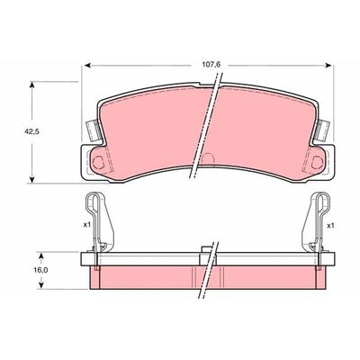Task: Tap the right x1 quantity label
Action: (330, 224)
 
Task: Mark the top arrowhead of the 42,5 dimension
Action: (33, 84)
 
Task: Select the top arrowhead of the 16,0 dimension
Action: (33, 253)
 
